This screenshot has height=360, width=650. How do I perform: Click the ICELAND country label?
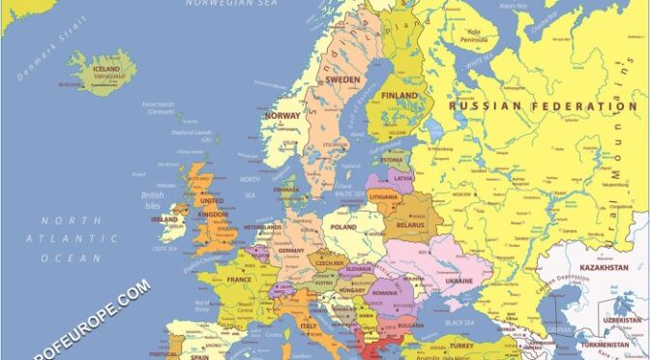(x=106, y=70)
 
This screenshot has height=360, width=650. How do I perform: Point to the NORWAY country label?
(x=282, y=116)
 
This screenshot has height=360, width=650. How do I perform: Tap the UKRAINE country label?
(x=458, y=281)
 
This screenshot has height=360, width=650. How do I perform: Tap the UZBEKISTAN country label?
(x=618, y=320)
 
